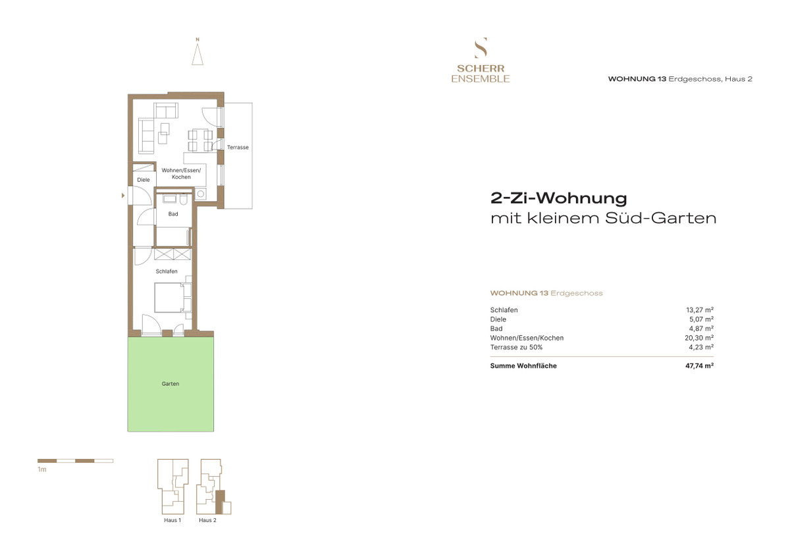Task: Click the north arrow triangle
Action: point(197,54)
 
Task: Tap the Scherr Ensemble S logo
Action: point(481,47)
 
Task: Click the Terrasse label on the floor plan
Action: point(238,147)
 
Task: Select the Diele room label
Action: point(144,180)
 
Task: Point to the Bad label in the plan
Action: point(173,214)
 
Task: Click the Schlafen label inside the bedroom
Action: point(167,271)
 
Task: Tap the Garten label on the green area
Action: point(171,384)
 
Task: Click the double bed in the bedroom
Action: point(169,298)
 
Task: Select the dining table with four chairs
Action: point(200,140)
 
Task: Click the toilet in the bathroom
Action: point(183,200)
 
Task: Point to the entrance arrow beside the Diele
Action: point(123,195)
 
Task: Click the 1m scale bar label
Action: point(42,469)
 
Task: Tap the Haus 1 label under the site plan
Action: point(172,520)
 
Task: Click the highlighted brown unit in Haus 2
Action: point(220,502)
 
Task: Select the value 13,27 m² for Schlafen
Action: point(700,310)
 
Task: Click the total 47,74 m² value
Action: point(699,365)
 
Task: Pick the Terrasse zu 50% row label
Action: point(516,348)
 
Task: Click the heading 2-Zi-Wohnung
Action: point(559,198)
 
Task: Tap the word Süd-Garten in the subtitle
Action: point(661,218)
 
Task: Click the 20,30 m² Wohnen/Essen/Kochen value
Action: point(699,338)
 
